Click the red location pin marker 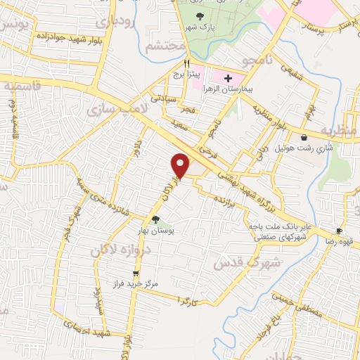(181, 165)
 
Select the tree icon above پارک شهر (200, 15)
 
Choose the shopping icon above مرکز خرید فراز (135, 274)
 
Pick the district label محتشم (166, 46)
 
